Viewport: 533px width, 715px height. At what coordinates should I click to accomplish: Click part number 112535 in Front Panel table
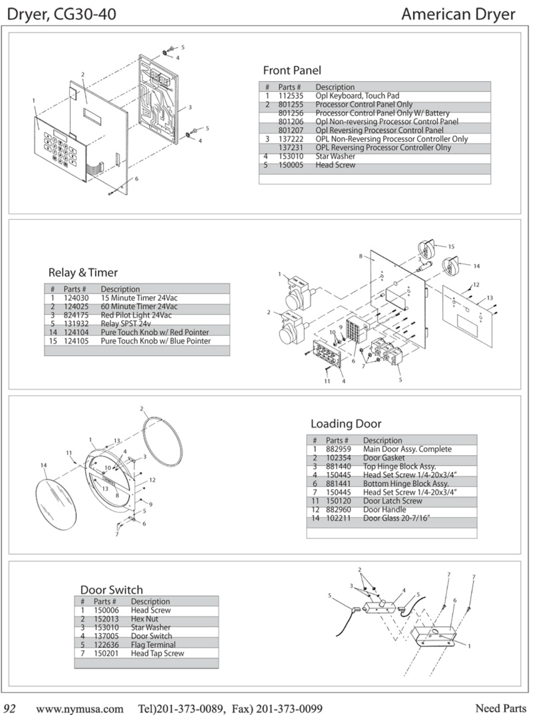(x=291, y=96)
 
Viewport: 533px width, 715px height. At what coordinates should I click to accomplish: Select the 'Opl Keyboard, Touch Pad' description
(x=357, y=96)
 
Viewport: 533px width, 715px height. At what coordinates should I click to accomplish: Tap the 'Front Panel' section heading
(x=292, y=70)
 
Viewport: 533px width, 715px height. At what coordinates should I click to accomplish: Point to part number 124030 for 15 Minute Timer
(x=76, y=298)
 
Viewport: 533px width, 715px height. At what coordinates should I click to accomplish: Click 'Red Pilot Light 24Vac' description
(x=136, y=315)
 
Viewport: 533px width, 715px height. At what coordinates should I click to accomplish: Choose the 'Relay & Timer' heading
(x=83, y=272)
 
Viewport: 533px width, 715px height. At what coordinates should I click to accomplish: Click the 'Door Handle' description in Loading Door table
(x=385, y=510)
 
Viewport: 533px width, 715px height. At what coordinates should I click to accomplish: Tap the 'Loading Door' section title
(x=346, y=424)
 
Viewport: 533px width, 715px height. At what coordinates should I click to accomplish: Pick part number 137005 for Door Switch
(x=106, y=636)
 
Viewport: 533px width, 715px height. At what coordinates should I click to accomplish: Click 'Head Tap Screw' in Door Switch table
(x=157, y=653)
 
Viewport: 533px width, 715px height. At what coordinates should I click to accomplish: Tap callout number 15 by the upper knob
(x=451, y=247)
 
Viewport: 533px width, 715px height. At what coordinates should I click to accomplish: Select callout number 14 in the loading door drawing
(x=44, y=465)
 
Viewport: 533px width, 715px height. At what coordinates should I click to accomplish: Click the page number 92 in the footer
(x=10, y=708)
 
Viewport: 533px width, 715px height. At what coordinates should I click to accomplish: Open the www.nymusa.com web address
(x=80, y=708)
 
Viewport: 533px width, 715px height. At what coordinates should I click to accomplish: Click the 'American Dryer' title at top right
(x=458, y=14)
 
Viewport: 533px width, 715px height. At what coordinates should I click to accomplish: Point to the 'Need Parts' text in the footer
(x=500, y=708)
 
